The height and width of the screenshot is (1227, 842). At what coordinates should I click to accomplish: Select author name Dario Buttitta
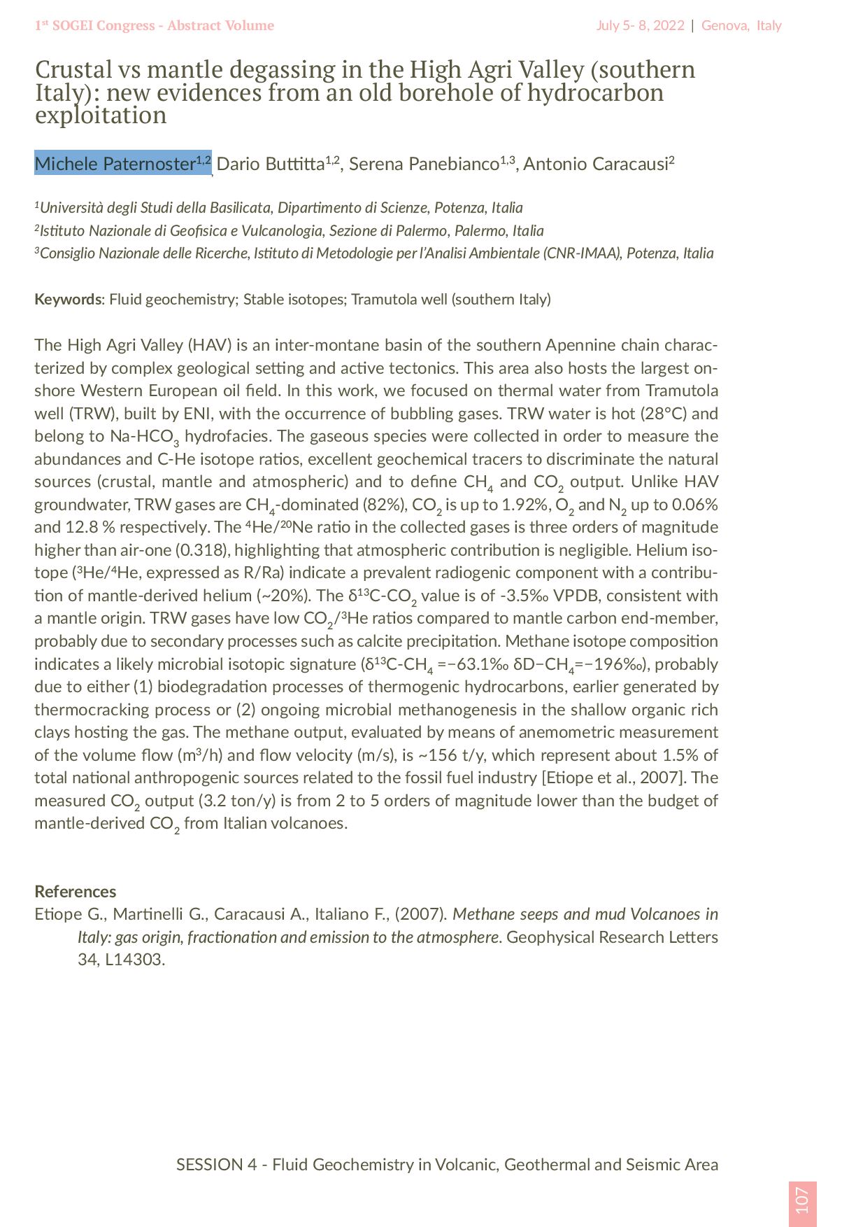coord(271,164)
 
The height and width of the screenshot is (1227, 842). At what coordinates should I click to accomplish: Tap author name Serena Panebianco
coord(424,164)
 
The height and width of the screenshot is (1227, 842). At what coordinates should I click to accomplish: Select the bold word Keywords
coord(68,300)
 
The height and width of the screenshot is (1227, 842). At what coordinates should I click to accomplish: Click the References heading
coord(76,891)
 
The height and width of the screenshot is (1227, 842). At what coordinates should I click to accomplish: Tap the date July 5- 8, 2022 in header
coord(640,26)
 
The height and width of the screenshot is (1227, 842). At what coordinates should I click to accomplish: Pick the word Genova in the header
coord(725,26)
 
